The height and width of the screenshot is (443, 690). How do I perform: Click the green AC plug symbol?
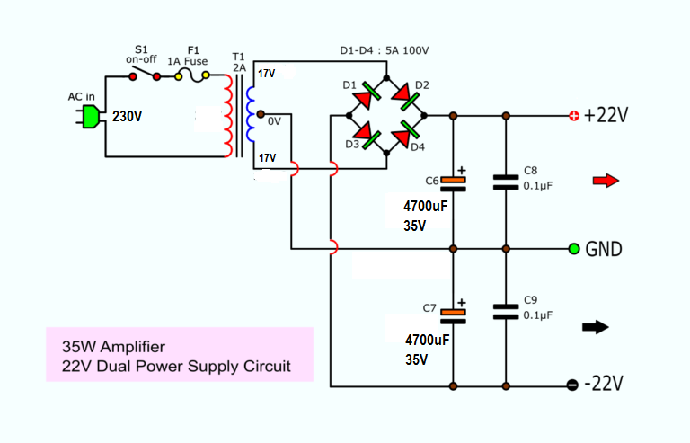(x=89, y=117)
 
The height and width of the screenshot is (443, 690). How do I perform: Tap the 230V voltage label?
(x=128, y=117)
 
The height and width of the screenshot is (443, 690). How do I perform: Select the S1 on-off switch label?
(x=141, y=55)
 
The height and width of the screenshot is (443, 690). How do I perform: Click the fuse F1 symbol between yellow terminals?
(x=192, y=76)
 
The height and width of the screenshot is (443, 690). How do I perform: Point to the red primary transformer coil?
(x=228, y=116)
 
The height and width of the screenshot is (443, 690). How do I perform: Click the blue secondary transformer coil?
(x=251, y=114)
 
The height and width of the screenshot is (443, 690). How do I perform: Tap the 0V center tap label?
(x=274, y=121)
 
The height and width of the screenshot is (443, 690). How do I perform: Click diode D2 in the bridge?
(x=405, y=97)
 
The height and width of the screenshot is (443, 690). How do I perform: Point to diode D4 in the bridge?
(x=405, y=134)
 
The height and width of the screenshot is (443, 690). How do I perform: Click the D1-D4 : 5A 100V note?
(x=385, y=50)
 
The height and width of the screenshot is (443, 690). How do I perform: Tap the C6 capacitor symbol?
(x=453, y=184)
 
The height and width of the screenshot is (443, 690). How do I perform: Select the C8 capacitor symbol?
(x=506, y=182)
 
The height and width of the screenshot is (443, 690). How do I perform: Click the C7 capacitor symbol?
(x=453, y=316)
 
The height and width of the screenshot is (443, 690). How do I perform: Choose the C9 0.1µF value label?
(x=538, y=315)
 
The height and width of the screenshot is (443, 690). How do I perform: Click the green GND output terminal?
(x=574, y=249)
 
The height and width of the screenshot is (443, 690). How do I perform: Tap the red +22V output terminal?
(x=574, y=116)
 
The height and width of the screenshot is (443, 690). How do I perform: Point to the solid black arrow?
(x=596, y=327)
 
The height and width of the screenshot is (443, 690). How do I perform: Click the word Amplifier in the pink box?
(x=132, y=347)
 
